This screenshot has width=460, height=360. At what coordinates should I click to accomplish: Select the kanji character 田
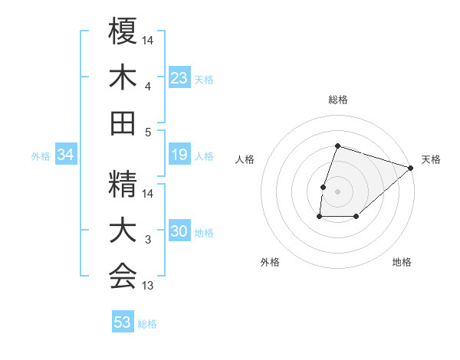pos(123,123)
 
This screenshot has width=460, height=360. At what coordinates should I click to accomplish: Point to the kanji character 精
pos(123,185)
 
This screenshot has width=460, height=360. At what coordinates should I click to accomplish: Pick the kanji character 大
pos(123,231)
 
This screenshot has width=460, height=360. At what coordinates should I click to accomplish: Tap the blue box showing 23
pos(179,78)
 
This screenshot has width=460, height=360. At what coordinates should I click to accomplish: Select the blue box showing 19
pos(179,155)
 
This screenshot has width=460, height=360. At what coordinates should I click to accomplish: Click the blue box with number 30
pos(179,232)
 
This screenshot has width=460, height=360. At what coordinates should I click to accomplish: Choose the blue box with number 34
pos(65,155)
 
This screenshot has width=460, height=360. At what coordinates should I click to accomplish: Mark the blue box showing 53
pos(123,322)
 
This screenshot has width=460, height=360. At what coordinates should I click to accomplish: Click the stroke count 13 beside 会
pos(148,286)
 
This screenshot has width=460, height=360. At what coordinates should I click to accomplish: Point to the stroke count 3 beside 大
pos(148,241)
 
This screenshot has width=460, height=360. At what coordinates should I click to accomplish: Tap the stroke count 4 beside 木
pos(148,87)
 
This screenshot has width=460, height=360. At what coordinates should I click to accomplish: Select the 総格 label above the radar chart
pos(338,100)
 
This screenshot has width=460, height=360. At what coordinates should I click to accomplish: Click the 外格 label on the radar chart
pos(270,262)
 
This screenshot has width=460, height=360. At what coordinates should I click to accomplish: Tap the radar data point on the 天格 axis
pos(412,168)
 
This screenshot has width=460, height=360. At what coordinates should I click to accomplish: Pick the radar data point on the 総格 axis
pos(337,146)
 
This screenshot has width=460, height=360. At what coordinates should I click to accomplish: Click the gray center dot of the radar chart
pos(337,191)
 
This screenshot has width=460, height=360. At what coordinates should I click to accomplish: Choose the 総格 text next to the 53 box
pos(147,324)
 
